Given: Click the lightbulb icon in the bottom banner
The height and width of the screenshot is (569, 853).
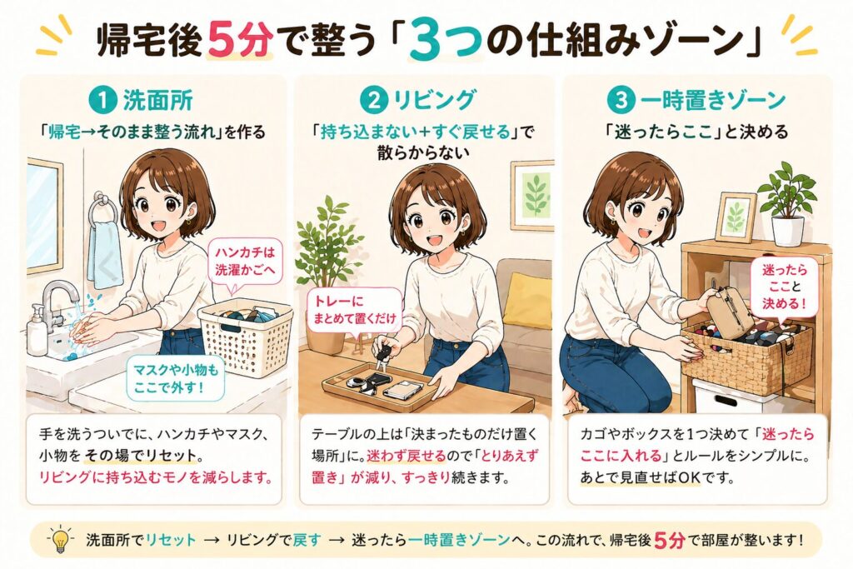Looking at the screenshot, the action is [60, 540].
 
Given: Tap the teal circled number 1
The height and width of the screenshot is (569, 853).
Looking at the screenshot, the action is [102, 101].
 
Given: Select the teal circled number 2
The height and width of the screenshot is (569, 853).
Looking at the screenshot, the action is [374, 101].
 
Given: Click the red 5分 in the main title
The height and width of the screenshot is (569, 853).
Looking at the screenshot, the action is [239, 42].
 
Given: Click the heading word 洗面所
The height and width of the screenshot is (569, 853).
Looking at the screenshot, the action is [157, 101].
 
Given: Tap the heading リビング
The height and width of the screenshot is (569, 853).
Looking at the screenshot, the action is [433, 101].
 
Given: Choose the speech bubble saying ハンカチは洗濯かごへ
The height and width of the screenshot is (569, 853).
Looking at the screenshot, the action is [245, 262].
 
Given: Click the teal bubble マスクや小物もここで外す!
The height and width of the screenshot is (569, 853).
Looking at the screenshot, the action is [175, 378].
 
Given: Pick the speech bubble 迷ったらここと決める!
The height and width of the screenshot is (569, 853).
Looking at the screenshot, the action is [784, 287].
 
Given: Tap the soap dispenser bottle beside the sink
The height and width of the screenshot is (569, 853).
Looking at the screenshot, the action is [37, 331].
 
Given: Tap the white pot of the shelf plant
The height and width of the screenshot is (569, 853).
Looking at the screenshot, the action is [787, 231].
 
